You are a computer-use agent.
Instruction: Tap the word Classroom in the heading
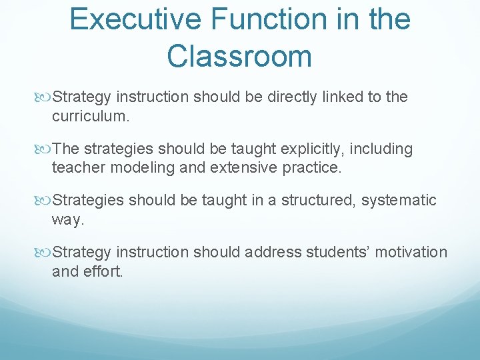pos(239,56)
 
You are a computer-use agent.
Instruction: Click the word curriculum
pos(90,117)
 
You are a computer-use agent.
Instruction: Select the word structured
pos(315,201)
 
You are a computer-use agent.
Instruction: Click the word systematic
pos(399,201)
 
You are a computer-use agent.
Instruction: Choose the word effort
pos(103,272)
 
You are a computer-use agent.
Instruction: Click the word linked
pos(339,97)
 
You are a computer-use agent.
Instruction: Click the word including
pos(384,149)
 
